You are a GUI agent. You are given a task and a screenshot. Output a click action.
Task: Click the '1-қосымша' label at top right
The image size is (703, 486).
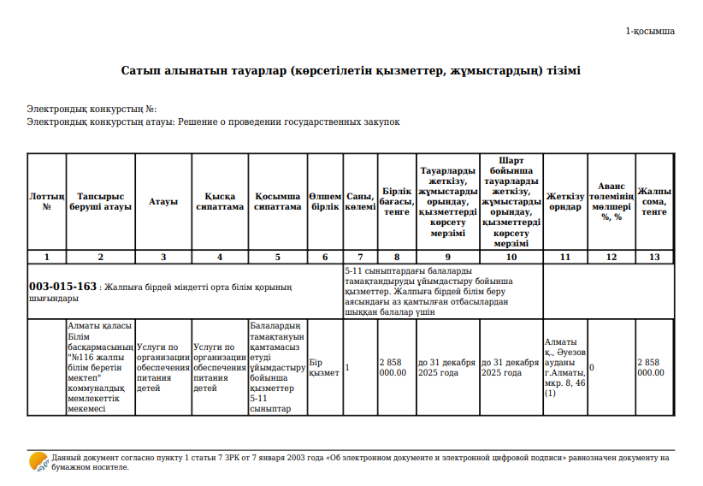(x=650, y=31)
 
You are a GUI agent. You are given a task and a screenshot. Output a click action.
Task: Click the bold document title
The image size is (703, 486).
(x=351, y=70)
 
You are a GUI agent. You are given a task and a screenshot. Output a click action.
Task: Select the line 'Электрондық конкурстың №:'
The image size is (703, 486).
(x=92, y=110)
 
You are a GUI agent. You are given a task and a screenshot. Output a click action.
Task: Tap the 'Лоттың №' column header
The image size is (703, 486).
(x=46, y=201)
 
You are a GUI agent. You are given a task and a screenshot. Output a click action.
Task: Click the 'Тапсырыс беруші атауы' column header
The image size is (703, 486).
(x=100, y=201)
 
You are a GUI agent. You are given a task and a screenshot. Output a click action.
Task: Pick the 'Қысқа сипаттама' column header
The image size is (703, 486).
(x=220, y=201)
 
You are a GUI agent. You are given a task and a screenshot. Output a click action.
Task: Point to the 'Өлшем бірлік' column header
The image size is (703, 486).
(x=325, y=201)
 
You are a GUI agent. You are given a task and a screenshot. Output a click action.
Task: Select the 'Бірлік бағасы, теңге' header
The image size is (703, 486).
(x=397, y=201)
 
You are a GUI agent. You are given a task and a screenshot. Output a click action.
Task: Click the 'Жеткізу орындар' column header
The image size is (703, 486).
(x=564, y=201)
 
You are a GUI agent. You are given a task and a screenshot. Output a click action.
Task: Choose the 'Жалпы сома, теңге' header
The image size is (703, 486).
(x=654, y=201)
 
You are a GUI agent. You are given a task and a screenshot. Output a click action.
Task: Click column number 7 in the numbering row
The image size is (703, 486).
(x=360, y=257)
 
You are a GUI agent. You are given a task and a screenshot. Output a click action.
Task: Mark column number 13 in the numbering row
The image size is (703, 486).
(x=654, y=257)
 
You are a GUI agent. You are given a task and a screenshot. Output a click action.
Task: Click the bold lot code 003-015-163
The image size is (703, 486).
(x=62, y=287)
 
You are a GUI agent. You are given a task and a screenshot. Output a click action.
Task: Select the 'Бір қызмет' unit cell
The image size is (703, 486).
(x=324, y=367)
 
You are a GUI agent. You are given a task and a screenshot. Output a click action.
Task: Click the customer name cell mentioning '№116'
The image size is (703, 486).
(x=100, y=367)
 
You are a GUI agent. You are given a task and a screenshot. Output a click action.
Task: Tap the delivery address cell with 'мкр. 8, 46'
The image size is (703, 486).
(x=564, y=367)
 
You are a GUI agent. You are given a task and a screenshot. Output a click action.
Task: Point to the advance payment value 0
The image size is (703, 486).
(x=592, y=367)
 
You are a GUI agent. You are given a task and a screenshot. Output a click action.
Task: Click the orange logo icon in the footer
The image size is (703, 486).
(x=38, y=463)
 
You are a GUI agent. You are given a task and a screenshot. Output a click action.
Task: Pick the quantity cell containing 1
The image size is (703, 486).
(x=347, y=367)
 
